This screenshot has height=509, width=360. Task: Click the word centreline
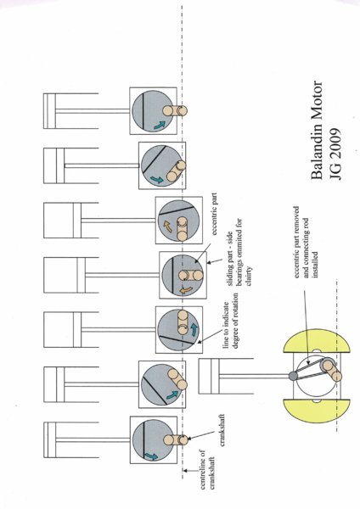point(202,469)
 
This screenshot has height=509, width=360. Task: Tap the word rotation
point(235,308)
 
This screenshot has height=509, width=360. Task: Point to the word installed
point(315,265)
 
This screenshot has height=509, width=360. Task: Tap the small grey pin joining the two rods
point(293,376)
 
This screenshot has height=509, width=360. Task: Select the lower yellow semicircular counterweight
point(317,410)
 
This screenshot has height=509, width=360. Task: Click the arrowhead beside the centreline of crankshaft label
point(184,470)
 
